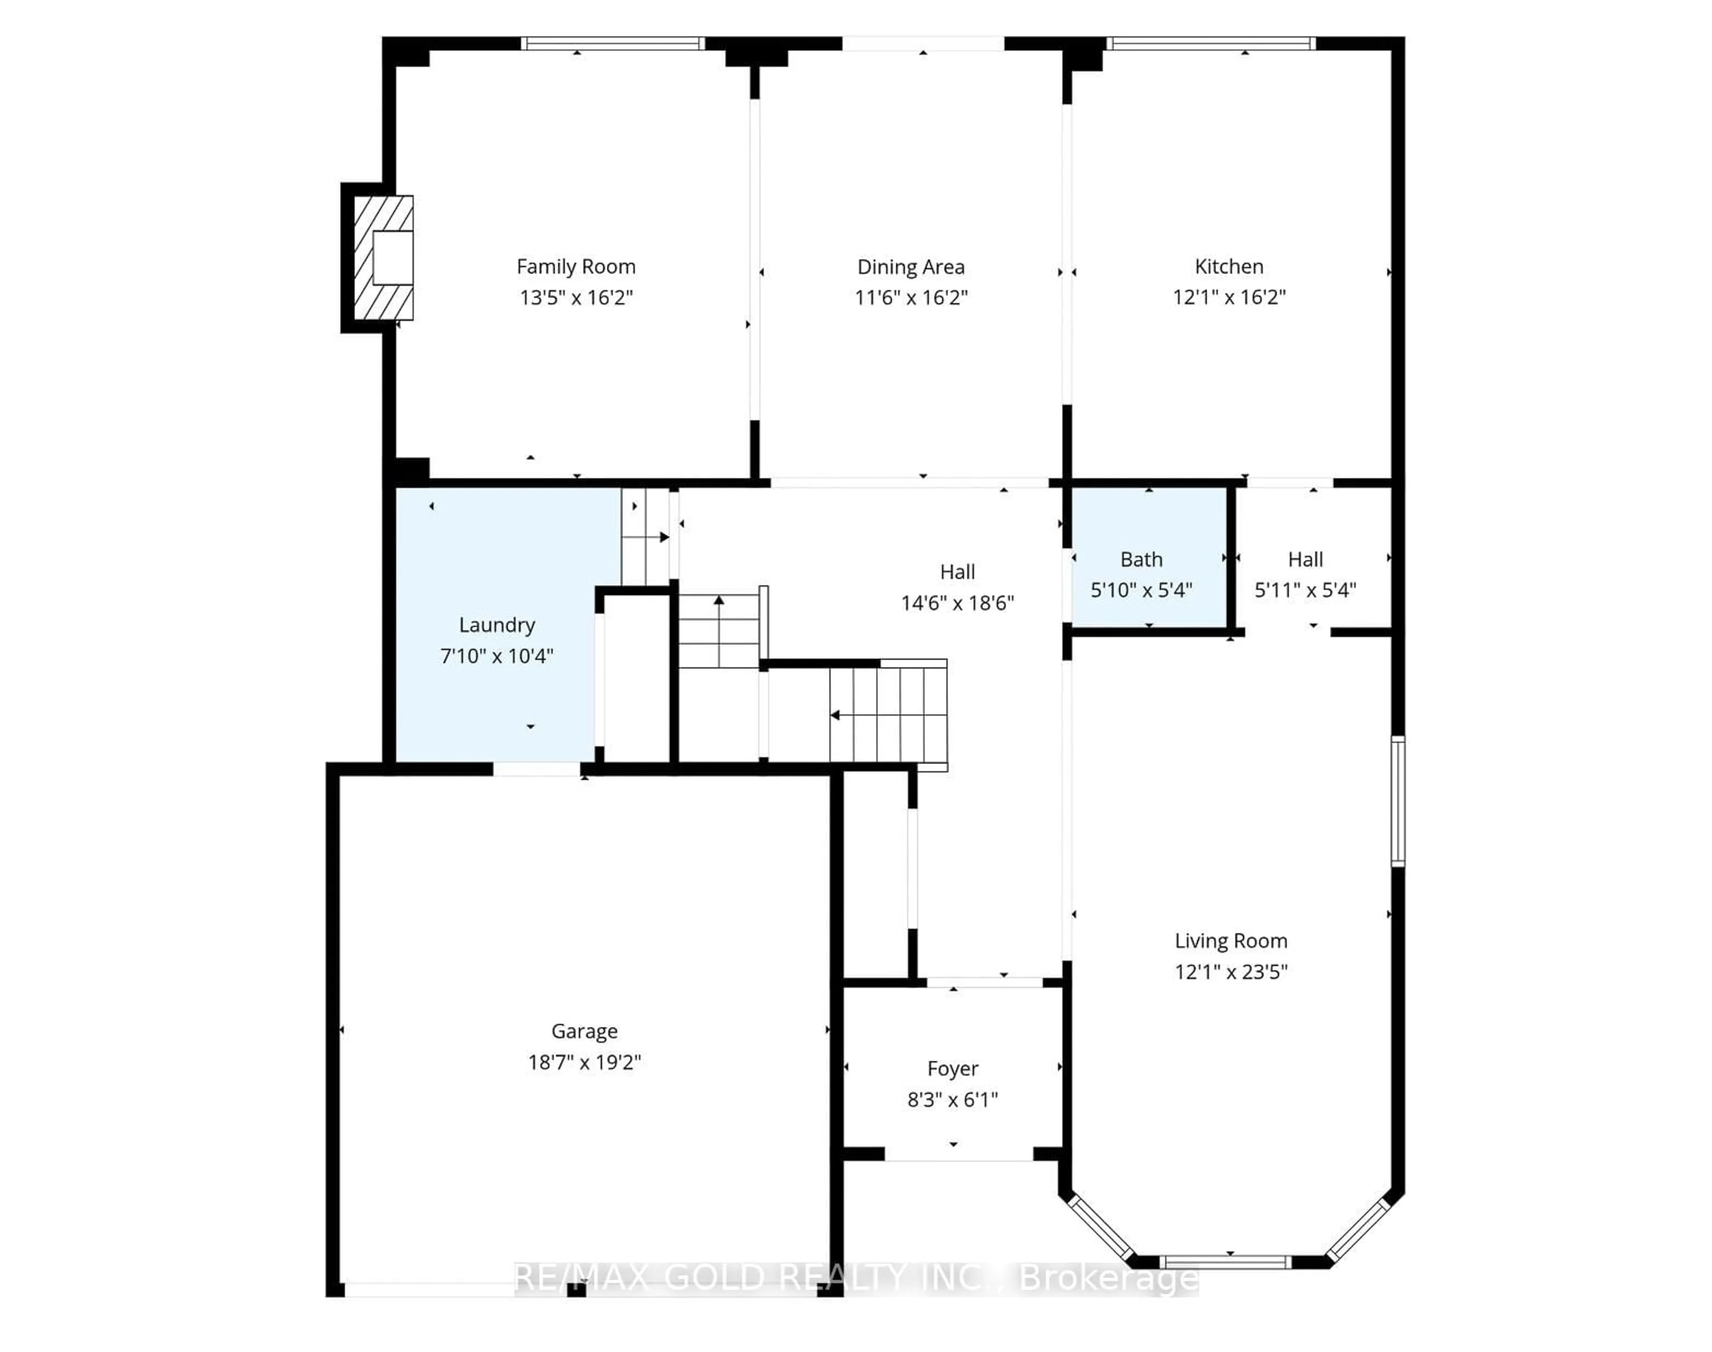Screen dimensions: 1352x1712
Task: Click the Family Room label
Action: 576,267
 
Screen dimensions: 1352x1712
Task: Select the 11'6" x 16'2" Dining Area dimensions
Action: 910,298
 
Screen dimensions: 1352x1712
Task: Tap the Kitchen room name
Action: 1228,266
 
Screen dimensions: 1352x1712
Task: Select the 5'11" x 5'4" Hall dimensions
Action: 1305,590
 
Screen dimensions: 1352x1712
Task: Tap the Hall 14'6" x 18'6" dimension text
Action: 956,603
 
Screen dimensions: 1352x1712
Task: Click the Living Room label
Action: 1230,941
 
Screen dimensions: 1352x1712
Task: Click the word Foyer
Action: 952,1068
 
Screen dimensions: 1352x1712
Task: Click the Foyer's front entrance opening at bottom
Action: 958,1155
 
